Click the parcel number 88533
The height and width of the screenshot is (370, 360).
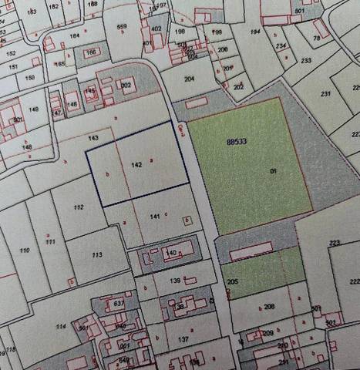(x=237, y=142)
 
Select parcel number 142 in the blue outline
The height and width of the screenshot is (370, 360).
(x=136, y=165)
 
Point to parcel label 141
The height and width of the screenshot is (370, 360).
(x=154, y=217)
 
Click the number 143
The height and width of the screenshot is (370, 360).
(x=93, y=137)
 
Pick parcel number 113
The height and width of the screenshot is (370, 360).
(x=96, y=255)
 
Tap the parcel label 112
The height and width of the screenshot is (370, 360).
(x=78, y=208)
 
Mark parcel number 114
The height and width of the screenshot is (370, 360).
(x=60, y=326)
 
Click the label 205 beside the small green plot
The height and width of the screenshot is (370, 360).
(x=232, y=282)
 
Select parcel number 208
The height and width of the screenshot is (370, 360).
(x=269, y=307)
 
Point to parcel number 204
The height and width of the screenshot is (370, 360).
(x=189, y=79)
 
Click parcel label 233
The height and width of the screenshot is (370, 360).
(x=305, y=60)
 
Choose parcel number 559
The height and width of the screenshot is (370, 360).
(x=122, y=28)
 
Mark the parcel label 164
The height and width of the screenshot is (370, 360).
(x=75, y=35)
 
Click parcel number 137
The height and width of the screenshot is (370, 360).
(x=182, y=339)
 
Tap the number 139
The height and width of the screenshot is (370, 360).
(x=175, y=281)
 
